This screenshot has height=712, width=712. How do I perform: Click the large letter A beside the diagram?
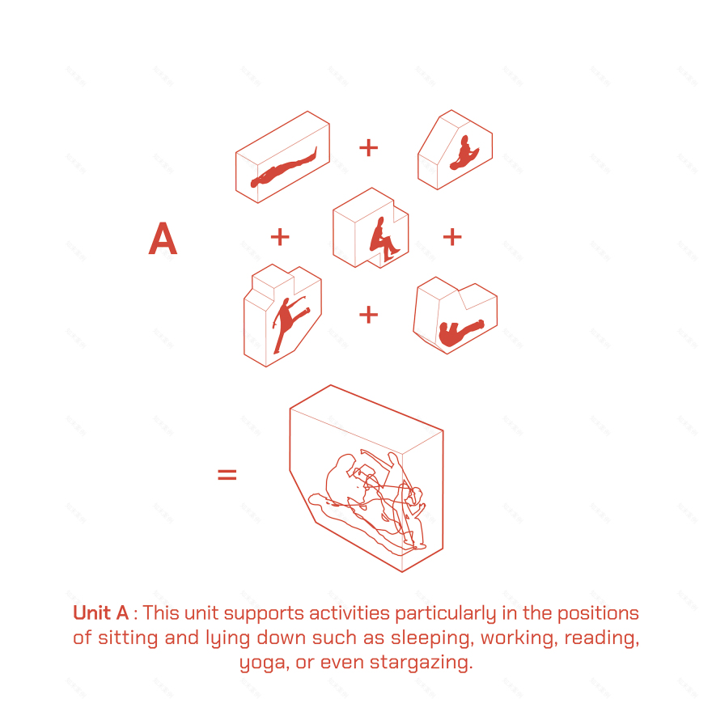(163, 239)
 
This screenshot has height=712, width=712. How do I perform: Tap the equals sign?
(227, 474)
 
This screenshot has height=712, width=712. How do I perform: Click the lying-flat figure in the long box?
(283, 168)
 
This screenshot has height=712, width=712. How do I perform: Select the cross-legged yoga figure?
(464, 153)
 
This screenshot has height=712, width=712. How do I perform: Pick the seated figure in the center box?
(384, 239)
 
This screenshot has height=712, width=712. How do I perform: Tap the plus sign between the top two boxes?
(368, 148)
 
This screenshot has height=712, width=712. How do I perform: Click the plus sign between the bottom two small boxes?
(368, 315)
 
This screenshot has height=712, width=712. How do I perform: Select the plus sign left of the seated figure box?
(280, 237)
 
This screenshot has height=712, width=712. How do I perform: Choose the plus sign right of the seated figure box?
(452, 237)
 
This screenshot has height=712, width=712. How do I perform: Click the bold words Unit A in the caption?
(101, 613)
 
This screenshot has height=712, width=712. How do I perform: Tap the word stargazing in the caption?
(421, 663)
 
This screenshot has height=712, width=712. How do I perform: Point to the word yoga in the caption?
(265, 663)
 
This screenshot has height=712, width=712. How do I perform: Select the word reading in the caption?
(602, 638)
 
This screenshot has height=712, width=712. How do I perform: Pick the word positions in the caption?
(598, 614)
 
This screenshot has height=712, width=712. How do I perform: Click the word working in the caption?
(519, 638)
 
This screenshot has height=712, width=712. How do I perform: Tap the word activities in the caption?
(350, 613)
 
